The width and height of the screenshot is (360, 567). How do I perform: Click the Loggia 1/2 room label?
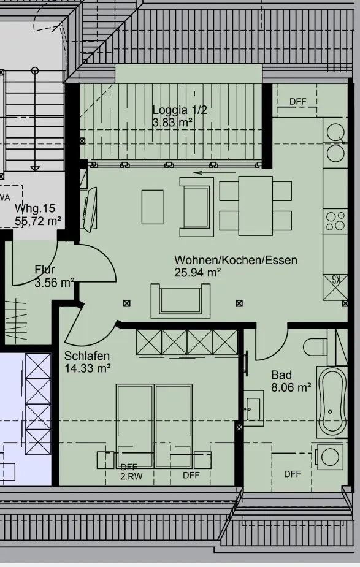180,110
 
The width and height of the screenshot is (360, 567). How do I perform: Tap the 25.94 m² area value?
197,272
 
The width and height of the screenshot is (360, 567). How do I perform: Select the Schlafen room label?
87,356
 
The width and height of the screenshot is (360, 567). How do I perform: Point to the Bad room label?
281,375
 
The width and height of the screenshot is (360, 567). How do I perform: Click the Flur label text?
45,270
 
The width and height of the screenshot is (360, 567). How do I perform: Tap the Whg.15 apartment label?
35,208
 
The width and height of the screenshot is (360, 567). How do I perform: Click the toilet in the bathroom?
315,347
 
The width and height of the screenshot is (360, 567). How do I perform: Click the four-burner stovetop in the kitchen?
335,221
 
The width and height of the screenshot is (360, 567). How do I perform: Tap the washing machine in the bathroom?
329,457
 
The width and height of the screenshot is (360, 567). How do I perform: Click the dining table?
256,206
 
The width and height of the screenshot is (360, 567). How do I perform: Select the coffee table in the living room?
152,207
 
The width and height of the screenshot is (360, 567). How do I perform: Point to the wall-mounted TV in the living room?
90,208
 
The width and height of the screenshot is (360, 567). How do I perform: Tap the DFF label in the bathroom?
293,474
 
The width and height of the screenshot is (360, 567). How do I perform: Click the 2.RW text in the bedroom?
131,477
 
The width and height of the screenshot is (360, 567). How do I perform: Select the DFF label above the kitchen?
298,102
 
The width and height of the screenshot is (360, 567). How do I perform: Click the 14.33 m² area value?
88,368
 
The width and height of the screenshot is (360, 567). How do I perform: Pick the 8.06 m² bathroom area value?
291,387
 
